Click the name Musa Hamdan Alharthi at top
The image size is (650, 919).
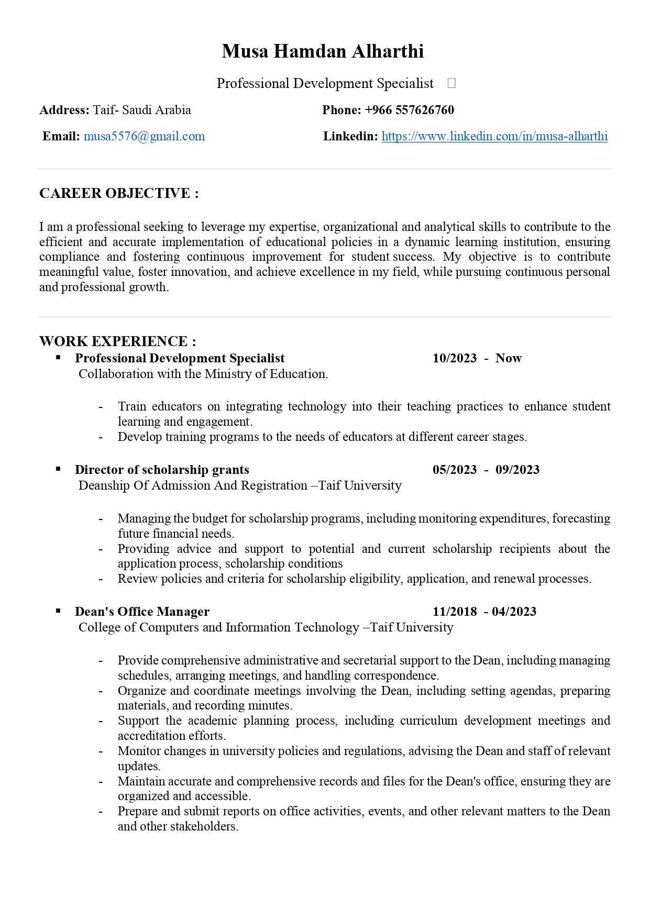[323, 51]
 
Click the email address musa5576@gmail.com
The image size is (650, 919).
[144, 136]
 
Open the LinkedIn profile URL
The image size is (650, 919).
[494, 136]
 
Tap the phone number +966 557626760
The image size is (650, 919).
[409, 110]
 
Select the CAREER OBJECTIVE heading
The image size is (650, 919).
[119, 193]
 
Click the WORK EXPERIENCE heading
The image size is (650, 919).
[118, 341]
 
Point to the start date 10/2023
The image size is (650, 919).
[455, 358]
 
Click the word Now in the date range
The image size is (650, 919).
[509, 358]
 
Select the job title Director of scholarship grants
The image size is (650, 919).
[162, 470]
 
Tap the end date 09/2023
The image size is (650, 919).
[517, 470]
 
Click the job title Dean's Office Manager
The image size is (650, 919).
[142, 612]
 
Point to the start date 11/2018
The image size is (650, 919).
[455, 612]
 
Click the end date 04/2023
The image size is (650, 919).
[514, 612]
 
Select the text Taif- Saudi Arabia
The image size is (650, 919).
[142, 110]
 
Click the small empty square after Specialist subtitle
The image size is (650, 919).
[451, 83]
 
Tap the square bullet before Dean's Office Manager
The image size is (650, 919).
[59, 611]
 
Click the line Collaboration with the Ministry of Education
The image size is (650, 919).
[203, 374]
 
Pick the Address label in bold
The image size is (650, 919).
[64, 110]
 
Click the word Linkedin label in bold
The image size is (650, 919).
[350, 136]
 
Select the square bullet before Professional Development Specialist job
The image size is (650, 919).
[59, 357]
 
